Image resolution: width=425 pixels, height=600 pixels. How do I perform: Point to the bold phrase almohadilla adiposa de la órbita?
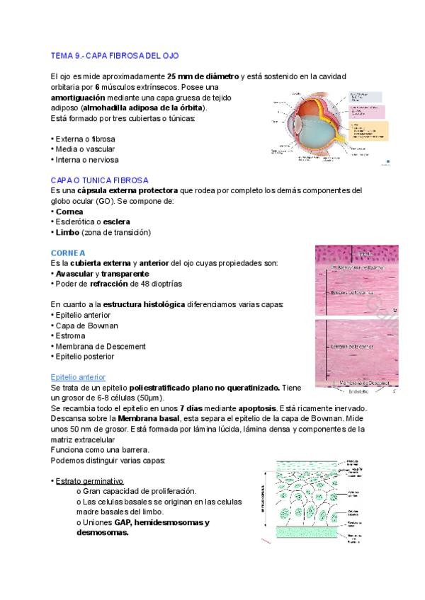coord(143,108)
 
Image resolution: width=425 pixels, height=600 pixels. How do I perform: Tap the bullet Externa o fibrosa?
coord(84,139)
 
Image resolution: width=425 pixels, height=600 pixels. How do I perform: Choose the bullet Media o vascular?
coord(84,149)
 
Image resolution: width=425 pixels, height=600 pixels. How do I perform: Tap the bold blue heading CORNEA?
coord(68,253)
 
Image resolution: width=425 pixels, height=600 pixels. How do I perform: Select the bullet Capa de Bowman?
coord(86,325)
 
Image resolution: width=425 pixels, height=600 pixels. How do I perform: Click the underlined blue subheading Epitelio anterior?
coord(78,377)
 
